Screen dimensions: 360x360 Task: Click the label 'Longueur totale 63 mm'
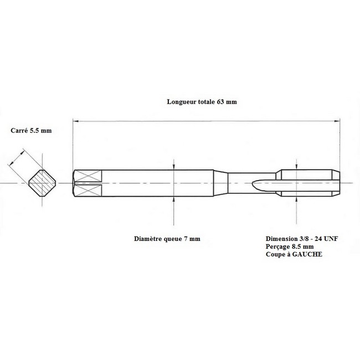[202, 102]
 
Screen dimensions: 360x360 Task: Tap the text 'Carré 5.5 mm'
[31, 130]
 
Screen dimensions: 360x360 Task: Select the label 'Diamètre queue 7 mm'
[167, 239]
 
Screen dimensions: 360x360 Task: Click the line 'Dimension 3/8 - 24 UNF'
[302, 239]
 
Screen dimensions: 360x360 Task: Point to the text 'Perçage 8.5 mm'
[290, 246]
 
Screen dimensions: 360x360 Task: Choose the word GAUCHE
[307, 254]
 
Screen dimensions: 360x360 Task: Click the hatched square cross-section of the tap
[42, 183]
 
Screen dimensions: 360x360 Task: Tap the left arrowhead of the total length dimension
[75, 121]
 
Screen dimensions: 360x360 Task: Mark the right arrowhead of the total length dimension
[337, 121]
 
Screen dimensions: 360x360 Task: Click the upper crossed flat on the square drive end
[88, 176]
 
